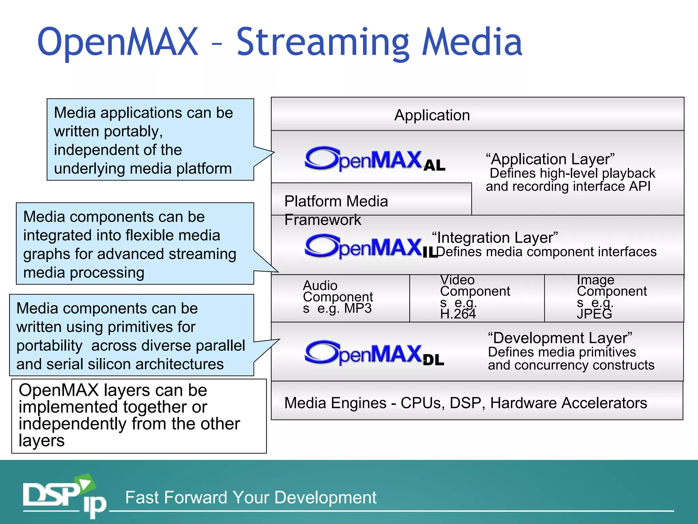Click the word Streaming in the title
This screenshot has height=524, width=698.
322,43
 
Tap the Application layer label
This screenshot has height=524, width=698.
432,115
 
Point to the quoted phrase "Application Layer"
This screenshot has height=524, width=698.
550,159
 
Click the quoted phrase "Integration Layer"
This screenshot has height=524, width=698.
495,237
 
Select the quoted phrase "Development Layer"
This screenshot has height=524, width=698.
560,338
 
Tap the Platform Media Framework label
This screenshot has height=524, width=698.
336,210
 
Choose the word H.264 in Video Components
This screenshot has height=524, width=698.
458,314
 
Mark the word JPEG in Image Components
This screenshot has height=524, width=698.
594,314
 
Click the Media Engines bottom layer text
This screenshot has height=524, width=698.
466,403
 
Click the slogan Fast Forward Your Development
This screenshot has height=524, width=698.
251,497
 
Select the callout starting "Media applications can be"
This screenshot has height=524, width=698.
150,140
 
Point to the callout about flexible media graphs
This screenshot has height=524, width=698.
135,244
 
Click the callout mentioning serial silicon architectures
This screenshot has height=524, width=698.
131,335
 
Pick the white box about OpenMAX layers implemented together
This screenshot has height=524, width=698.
139,416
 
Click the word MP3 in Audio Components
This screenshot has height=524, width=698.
358,308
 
